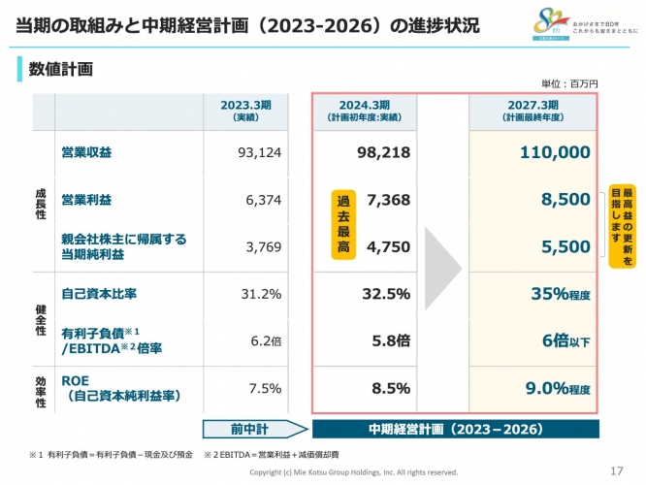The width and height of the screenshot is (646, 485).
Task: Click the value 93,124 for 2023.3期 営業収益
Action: (x=259, y=152)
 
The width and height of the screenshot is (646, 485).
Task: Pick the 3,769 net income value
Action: (x=263, y=246)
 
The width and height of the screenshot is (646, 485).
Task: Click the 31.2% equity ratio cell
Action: (x=261, y=294)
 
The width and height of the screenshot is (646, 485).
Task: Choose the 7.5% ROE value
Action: (x=265, y=388)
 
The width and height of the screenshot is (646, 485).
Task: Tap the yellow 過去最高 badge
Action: (x=342, y=223)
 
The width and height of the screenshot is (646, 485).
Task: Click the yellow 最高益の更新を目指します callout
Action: (x=615, y=225)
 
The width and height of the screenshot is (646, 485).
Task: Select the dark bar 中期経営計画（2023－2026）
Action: (x=455, y=428)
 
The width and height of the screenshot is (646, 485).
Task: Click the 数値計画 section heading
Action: (x=60, y=69)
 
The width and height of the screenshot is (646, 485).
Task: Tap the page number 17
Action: (x=616, y=470)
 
